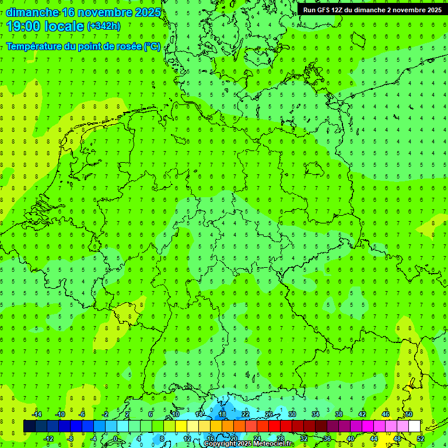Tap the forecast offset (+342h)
104,26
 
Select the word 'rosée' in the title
127,47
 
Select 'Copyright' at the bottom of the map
219,444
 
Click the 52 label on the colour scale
421,439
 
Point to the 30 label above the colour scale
292,414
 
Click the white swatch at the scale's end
414,426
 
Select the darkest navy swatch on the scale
29,426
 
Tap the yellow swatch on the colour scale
181,426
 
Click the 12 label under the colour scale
187,439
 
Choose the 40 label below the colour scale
351,439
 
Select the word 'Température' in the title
34,47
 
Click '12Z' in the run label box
338,10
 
